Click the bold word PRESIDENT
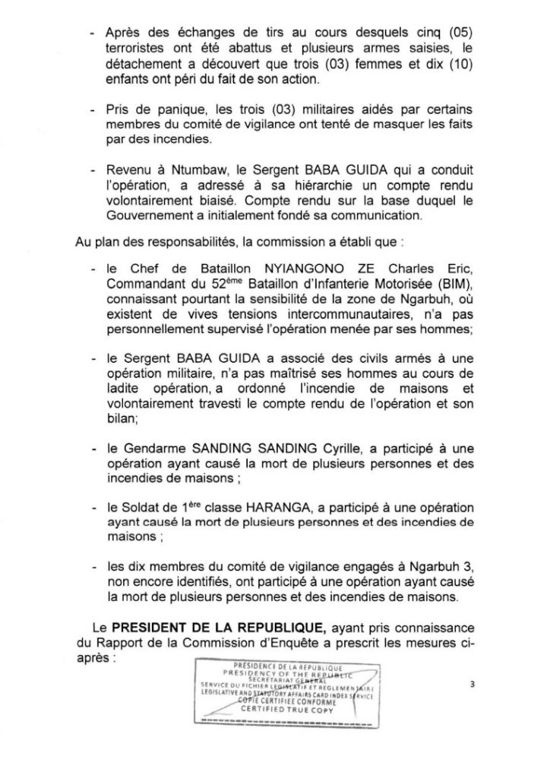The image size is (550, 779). pos(153,627)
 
